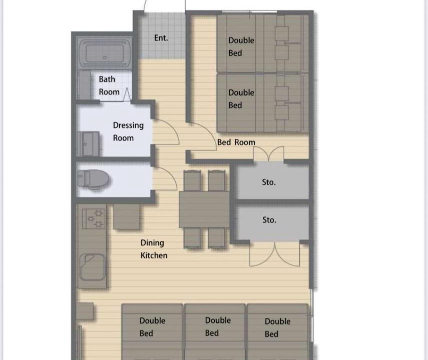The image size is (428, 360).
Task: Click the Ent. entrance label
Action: click(x=161, y=37)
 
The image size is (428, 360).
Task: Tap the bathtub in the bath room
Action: click(x=105, y=53)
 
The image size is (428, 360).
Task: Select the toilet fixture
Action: click(x=93, y=179)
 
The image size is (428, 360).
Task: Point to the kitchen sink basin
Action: click(x=93, y=267)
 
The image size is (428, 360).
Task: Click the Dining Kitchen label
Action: click(x=154, y=249)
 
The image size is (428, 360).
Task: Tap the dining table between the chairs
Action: click(x=204, y=209)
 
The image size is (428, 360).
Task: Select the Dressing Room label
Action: click(x=128, y=131)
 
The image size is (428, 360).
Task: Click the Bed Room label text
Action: click(x=236, y=142)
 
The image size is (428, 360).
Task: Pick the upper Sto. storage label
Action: click(x=269, y=182)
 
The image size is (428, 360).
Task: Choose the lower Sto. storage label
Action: click(x=269, y=220)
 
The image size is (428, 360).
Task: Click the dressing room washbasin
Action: click(x=88, y=143)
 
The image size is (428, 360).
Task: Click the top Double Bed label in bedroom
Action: click(x=241, y=46)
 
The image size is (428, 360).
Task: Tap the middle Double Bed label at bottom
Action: click(x=218, y=326)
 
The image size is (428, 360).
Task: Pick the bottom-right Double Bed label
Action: click(x=277, y=327)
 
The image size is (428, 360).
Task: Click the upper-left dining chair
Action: click(x=192, y=180)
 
